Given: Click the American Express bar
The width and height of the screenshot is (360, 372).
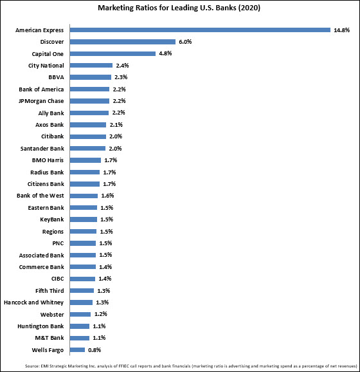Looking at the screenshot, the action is tap(200, 30).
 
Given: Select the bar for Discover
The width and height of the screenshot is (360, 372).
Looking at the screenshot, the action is tap(123, 42).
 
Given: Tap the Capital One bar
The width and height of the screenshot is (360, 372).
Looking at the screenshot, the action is tap(113, 53).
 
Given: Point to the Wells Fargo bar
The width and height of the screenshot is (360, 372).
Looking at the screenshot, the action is tap(77, 349).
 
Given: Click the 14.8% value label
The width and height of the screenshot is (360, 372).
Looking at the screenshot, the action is tap(342, 30).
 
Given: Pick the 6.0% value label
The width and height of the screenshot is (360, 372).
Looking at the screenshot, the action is tap(185, 42).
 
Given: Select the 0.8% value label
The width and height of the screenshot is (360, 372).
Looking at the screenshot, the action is tap(94, 350).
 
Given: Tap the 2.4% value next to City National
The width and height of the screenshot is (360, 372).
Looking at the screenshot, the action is tap(122, 66).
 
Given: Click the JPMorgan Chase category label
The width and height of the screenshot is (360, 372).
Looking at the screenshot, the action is tap(41, 101).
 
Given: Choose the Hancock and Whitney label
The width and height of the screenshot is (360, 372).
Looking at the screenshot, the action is tap(34, 302).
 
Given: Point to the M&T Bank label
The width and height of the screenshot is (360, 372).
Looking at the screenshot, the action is tap(50, 338).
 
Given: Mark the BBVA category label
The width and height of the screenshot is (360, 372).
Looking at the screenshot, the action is tap(56, 77).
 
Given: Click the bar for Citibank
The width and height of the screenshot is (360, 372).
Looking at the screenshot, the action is tap(88, 136).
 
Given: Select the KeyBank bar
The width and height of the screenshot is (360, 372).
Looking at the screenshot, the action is tap(84, 219).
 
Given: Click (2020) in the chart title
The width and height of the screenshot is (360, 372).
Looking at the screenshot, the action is tap(249, 8).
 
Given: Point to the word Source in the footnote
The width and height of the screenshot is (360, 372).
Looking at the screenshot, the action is tap(32, 366).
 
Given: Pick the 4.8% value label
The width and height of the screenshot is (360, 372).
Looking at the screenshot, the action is tap(165, 53).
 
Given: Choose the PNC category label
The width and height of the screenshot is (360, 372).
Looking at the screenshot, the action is tap(58, 243).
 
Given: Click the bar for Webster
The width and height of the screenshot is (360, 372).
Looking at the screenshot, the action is tap(80, 314).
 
